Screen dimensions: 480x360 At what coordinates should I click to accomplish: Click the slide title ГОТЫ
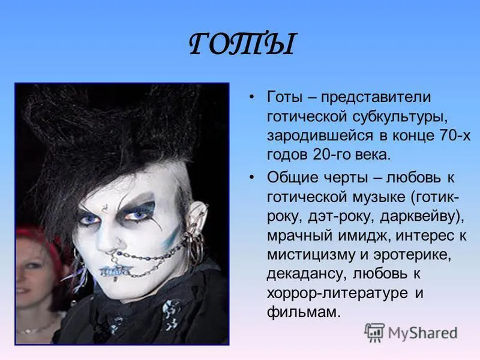(242, 44)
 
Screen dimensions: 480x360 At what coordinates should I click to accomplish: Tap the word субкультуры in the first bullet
(400, 116)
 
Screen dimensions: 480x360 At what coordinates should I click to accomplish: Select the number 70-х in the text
(455, 136)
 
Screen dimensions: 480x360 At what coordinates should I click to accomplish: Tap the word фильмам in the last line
(304, 312)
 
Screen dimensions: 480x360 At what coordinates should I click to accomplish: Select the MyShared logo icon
(374, 332)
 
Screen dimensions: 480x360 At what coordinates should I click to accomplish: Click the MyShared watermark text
(423, 333)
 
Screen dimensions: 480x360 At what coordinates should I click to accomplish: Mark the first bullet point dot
(251, 97)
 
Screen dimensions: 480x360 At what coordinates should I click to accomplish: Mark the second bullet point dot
(251, 178)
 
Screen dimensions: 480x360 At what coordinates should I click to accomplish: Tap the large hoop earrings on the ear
(196, 247)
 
